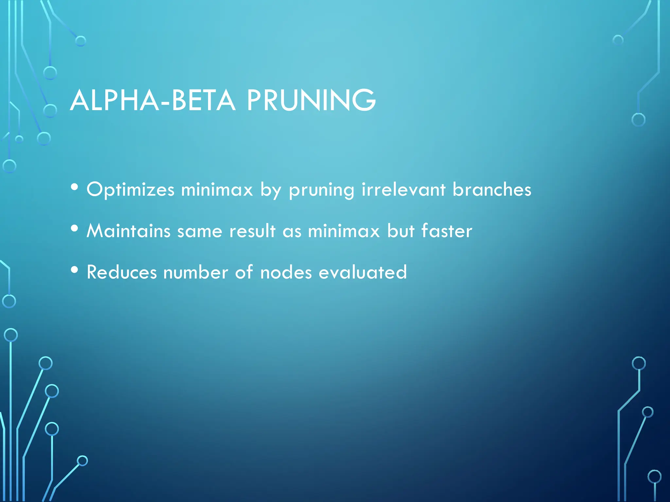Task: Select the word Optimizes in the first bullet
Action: click(131, 190)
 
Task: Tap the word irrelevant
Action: click(403, 190)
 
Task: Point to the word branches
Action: click(492, 190)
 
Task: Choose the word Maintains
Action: click(128, 231)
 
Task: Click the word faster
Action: click(447, 231)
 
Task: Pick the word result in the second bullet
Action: click(252, 231)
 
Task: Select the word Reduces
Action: click(122, 272)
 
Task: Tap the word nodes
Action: click(286, 272)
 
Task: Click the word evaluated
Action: click(363, 272)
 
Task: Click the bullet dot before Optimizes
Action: click(75, 188)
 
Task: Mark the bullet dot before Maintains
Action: click(75, 228)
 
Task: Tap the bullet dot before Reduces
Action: click(75, 270)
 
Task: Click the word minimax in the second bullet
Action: click(344, 231)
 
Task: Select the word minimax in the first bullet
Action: click(217, 190)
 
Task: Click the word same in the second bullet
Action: click(200, 231)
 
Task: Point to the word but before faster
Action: click(401, 231)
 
